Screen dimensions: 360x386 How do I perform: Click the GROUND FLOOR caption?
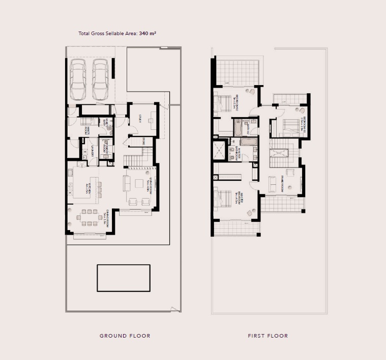click(x=125, y=336)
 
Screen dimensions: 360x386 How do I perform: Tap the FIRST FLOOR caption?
click(x=268, y=336)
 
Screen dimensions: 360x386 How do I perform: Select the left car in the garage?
click(x=78, y=79)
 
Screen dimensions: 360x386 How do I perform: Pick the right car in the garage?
click(x=100, y=79)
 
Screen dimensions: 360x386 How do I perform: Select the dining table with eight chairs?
click(x=90, y=217)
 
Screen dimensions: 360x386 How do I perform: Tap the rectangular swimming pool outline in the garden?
click(x=124, y=278)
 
